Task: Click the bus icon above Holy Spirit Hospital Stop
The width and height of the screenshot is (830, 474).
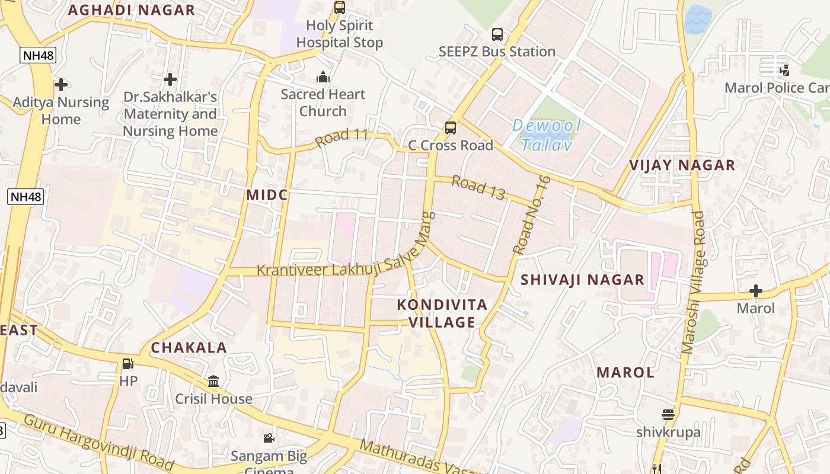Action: (339, 8)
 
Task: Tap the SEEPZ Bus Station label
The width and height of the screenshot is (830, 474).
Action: (497, 52)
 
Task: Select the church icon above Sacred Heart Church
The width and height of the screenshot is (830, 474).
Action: (323, 77)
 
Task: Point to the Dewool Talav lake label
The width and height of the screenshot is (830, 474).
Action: (546, 135)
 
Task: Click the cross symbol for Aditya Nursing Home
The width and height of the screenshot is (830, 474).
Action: (60, 85)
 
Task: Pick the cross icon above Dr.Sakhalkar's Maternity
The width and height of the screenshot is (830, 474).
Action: (170, 79)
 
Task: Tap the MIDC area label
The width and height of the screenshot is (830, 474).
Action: (267, 195)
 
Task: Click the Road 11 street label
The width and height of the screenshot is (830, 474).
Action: (342, 138)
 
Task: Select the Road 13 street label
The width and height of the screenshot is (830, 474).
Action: (478, 187)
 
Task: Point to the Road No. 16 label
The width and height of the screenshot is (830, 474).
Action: (532, 215)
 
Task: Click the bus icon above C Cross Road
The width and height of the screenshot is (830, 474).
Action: (451, 127)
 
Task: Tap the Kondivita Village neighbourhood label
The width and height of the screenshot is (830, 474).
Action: (442, 313)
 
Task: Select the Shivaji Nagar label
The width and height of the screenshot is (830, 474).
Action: (582, 280)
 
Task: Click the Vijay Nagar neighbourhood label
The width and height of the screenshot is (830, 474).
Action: (682, 165)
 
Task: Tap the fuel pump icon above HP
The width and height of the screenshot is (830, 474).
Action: (127, 364)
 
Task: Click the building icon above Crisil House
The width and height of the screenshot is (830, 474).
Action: (213, 381)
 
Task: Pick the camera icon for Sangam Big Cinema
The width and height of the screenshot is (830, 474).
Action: (269, 438)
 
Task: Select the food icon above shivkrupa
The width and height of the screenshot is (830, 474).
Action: (668, 414)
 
